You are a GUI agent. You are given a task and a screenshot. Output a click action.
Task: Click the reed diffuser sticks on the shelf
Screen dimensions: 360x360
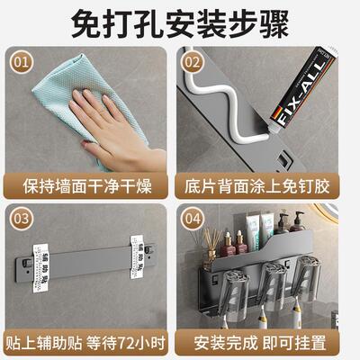[212, 244]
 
